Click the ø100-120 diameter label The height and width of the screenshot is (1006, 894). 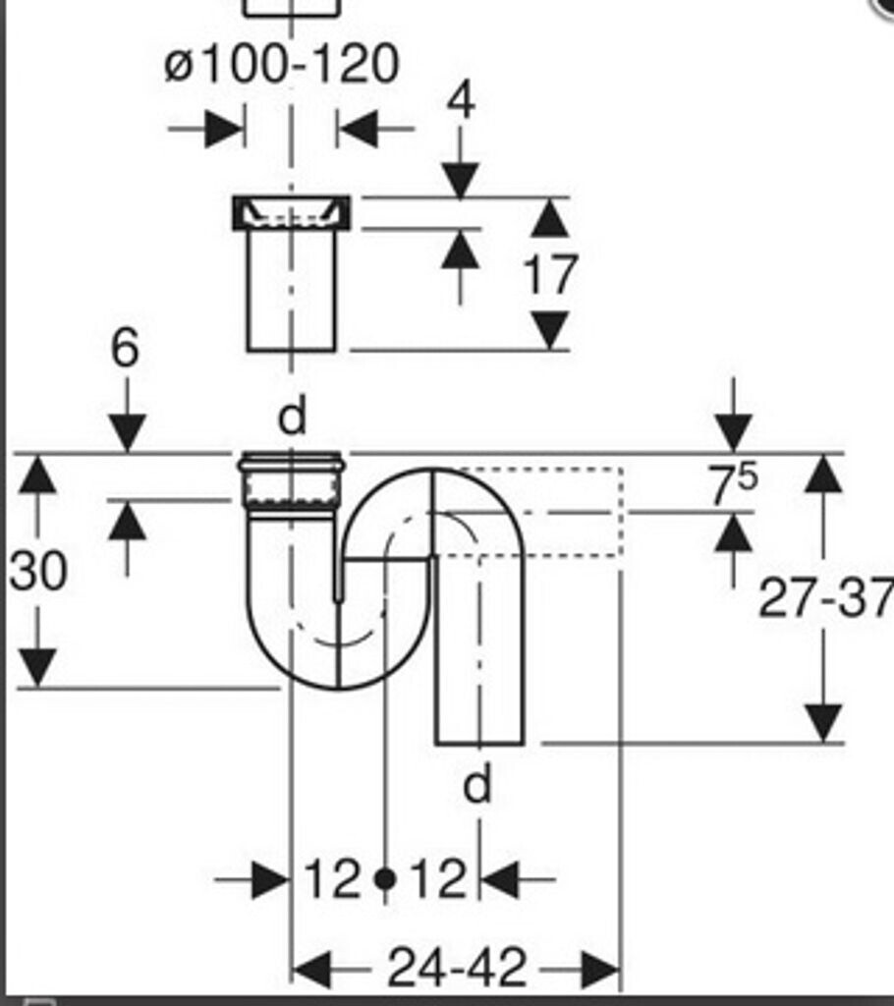coord(281,64)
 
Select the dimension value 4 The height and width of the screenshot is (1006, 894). coord(461,101)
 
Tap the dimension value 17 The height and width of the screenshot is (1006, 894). coord(550,275)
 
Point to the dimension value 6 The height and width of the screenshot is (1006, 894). coord(125,349)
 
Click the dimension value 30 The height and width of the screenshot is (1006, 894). coord(38,571)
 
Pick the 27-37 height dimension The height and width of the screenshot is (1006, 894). coord(826,598)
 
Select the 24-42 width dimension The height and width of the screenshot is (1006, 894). coord(457,967)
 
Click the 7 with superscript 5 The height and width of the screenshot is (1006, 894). coord(732,485)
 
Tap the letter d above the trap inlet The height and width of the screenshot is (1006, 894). coord(292,417)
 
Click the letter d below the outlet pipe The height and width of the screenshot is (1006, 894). coord(477,783)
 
